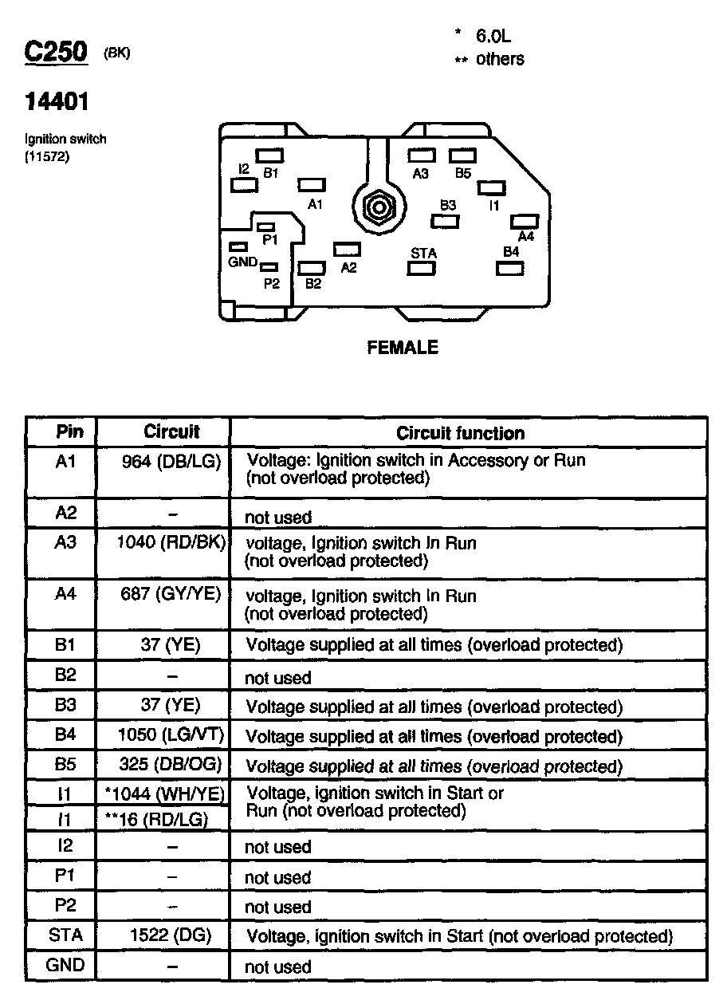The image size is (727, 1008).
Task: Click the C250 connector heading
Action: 55,53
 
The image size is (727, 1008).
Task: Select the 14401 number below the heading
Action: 57,102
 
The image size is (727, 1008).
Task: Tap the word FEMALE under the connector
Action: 403,348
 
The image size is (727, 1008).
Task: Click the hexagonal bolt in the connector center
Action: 376,210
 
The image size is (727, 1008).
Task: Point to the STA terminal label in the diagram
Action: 423,254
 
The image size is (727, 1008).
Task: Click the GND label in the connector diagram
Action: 242,262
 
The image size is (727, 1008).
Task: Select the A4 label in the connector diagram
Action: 526,236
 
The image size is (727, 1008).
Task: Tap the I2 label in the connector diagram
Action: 244,169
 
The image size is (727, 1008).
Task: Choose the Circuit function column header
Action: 461,433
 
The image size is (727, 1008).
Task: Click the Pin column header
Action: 70,431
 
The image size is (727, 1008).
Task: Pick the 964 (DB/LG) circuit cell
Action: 171,460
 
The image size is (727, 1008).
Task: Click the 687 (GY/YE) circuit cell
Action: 171,594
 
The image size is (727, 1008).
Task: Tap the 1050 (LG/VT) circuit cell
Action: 171,735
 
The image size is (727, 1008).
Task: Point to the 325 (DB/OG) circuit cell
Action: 171,765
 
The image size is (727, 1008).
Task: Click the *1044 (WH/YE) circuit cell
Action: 165,793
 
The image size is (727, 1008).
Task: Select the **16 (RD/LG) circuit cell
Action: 157,819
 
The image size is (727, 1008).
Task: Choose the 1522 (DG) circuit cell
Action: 170,935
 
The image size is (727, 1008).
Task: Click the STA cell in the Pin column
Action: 65,935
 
